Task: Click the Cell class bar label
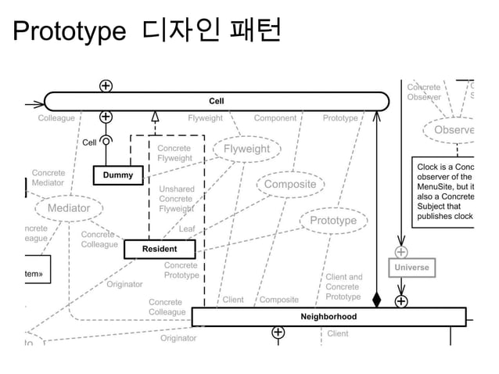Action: [216, 101]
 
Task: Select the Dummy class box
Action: [119, 174]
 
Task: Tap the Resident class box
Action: [159, 249]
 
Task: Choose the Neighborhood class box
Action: [328, 316]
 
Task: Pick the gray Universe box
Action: [411, 268]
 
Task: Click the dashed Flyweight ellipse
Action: [246, 149]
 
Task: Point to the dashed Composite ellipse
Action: [289, 185]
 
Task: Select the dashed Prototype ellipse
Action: [332, 221]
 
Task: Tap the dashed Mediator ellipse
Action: [69, 208]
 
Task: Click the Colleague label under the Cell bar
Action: [56, 119]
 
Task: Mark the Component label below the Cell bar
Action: [275, 119]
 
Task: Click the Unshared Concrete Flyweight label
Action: [176, 199]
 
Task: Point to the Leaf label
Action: [187, 229]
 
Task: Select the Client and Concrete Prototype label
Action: [343, 286]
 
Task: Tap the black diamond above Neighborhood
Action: [377, 300]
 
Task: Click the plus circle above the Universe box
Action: [400, 252]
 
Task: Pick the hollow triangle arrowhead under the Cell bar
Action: [155, 117]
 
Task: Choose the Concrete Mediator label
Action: [48, 178]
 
